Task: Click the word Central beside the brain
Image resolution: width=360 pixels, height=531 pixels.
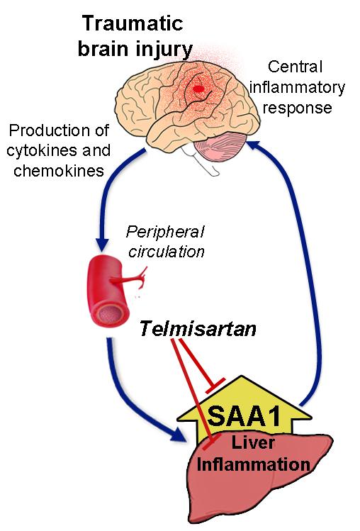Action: tap(296, 69)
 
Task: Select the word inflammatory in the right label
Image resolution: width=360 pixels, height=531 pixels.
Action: tap(303, 89)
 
